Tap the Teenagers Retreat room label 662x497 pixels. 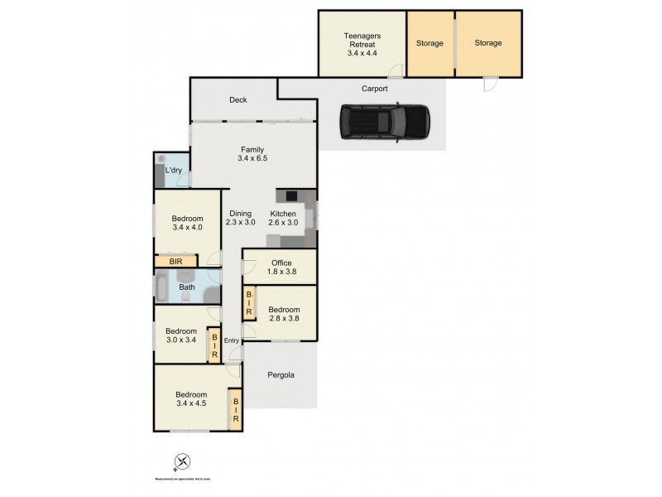click(x=361, y=43)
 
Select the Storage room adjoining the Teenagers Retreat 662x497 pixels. click(x=429, y=43)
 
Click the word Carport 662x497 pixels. click(x=375, y=89)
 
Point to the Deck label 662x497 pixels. click(x=238, y=100)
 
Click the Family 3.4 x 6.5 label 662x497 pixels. click(x=252, y=154)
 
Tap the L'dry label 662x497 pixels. click(x=174, y=171)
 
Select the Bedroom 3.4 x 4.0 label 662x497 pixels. click(x=186, y=224)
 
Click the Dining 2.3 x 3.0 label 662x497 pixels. click(x=241, y=218)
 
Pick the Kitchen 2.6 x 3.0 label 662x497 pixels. click(x=284, y=218)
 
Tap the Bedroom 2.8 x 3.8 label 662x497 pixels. click(x=284, y=315)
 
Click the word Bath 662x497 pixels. click(x=188, y=287)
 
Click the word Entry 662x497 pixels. click(x=231, y=340)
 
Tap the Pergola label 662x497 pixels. click(x=281, y=375)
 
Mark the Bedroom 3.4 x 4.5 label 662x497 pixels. click(x=190, y=399)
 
